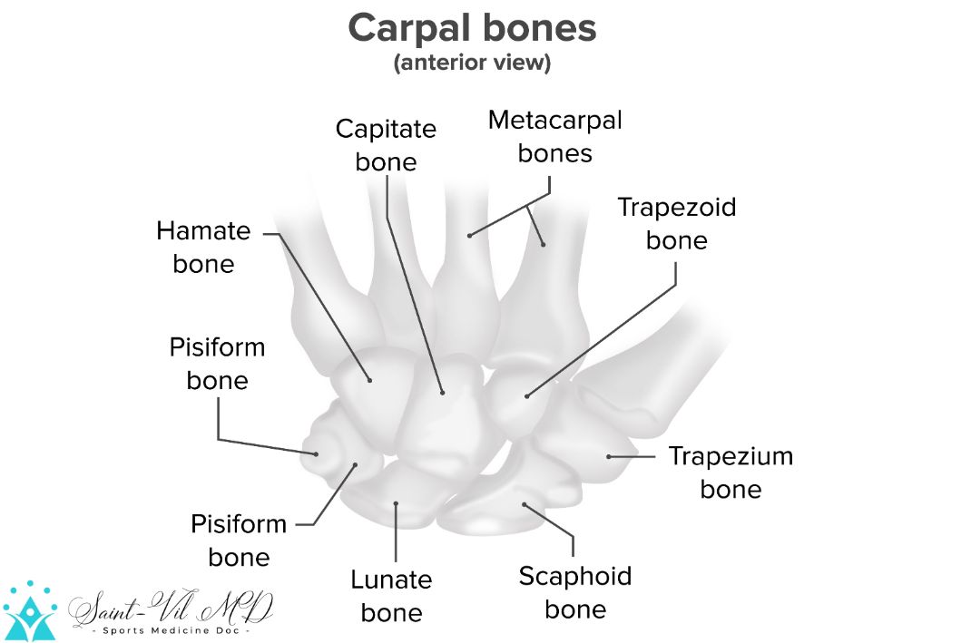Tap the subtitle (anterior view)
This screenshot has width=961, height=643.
coord(472,64)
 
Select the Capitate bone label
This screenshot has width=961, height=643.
coord(386,145)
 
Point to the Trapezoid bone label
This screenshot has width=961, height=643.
coord(676,223)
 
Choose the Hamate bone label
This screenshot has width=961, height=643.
coord(203,247)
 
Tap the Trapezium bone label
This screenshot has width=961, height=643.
coord(731,472)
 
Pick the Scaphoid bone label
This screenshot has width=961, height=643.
coord(575,591)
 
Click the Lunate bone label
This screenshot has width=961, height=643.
coord(391,596)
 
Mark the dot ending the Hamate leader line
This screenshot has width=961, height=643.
coord(370,380)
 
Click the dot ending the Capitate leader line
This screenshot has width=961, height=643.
coord(443,393)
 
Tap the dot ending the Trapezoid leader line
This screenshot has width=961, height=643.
coord(527,396)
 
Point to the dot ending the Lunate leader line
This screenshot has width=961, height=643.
coord(397,502)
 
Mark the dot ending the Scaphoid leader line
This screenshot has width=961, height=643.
coord(524,503)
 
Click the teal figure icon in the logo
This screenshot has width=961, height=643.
coord(29,611)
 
